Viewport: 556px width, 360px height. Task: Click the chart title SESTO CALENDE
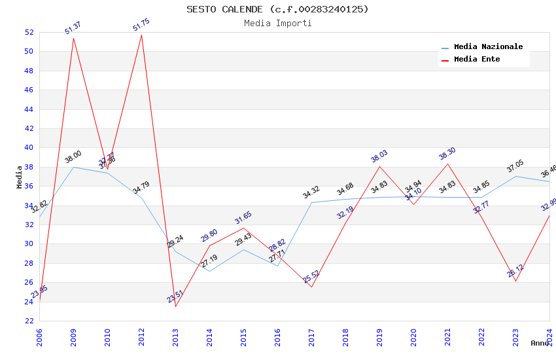(x=277, y=9)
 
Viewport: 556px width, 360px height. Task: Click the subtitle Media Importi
(x=277, y=24)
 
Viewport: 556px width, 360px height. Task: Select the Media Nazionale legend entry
(x=488, y=47)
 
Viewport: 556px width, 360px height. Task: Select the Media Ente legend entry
(x=477, y=60)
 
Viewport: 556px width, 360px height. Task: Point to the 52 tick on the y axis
(x=29, y=32)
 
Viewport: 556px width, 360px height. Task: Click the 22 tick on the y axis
(x=29, y=321)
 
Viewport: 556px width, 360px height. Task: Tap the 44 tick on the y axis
(x=29, y=109)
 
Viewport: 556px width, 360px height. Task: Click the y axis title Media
(x=20, y=177)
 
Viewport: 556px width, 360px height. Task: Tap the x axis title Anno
(x=540, y=343)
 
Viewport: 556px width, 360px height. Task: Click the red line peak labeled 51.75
(x=141, y=34)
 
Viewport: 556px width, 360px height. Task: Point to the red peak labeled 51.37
(x=73, y=38)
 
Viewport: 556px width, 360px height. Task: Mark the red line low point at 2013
(x=175, y=306)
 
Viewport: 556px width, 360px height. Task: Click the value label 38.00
(x=73, y=157)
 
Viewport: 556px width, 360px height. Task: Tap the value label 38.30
(x=447, y=154)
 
